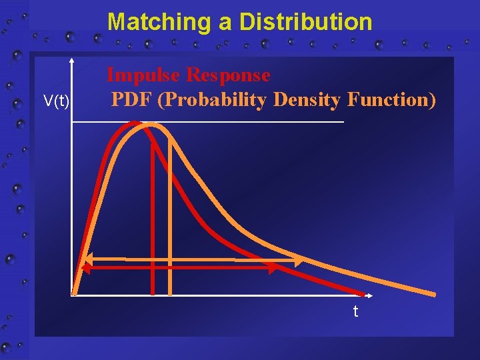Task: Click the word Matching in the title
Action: (x=159, y=22)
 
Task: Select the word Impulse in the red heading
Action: (x=143, y=75)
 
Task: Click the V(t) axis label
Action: (x=57, y=101)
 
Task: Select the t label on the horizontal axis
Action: (x=355, y=311)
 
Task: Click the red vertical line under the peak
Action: (x=153, y=220)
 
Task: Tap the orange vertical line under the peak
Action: (x=170, y=220)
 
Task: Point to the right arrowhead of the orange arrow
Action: (x=297, y=260)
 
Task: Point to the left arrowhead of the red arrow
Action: (x=86, y=267)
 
